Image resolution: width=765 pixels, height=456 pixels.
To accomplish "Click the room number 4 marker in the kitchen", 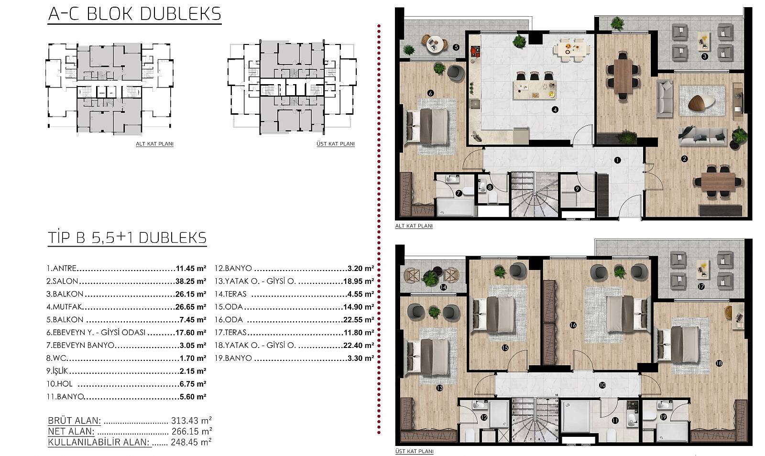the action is tap(555, 109).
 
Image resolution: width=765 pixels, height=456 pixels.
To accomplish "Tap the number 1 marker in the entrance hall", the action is tap(617, 160).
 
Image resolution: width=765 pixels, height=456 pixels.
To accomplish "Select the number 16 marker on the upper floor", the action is tap(573, 326).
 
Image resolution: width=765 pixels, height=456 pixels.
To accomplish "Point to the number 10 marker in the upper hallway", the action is tap(602, 385).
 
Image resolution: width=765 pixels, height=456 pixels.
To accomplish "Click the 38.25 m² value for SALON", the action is tap(191, 281).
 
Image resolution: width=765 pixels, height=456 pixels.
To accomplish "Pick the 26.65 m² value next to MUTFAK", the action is tap(191, 307).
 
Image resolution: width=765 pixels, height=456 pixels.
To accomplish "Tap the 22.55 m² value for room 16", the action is tap(359, 320).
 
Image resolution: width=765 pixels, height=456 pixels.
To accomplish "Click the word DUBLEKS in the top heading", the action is tap(181, 14).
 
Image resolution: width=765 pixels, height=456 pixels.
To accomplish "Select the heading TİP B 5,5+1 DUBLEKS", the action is tap(127, 238).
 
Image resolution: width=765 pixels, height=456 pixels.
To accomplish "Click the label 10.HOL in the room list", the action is tap(60, 384).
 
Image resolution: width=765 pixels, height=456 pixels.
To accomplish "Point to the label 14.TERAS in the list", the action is tap(230, 294).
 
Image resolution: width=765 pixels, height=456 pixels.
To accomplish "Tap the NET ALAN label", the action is tap(71, 431).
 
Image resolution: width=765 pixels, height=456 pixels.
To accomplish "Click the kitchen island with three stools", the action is tap(535, 89).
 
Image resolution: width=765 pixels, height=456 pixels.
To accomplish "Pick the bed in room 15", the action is tap(494, 315).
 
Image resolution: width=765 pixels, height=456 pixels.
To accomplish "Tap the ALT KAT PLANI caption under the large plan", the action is tap(414, 226).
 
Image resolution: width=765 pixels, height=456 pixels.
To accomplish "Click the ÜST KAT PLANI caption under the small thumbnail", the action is tap(335, 144).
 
